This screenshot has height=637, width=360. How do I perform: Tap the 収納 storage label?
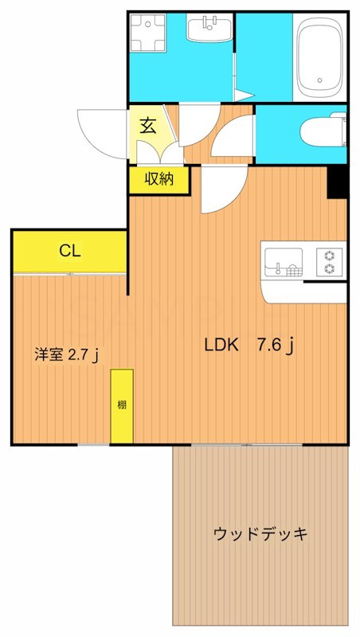(159, 180)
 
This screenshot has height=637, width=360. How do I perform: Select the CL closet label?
(69, 251)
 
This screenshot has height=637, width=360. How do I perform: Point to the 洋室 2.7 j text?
(66, 354)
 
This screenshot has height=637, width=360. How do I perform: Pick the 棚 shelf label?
(122, 404)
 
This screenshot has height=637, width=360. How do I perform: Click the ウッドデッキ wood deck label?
(260, 533)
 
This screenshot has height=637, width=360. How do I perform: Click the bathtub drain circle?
(321, 80)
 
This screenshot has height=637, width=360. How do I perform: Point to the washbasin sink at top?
(210, 30)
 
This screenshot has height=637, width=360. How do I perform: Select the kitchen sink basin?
(284, 260)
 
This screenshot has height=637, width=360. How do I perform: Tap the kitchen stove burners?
(329, 260)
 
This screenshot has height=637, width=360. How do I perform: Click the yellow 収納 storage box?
(159, 180)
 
